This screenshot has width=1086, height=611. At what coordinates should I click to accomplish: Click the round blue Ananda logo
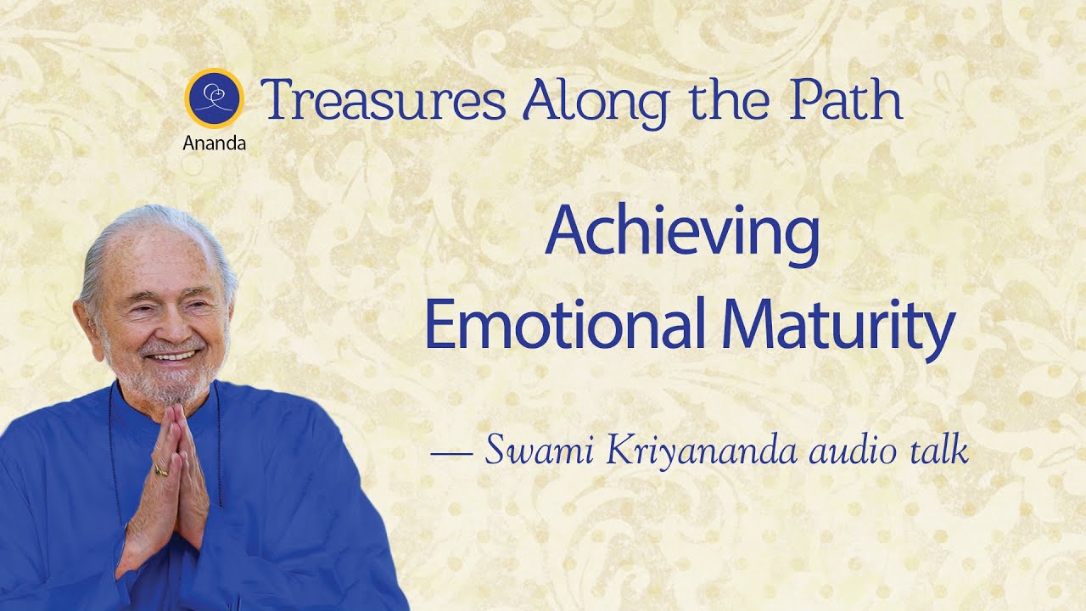(215, 98)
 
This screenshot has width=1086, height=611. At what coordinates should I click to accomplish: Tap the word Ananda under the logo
(215, 143)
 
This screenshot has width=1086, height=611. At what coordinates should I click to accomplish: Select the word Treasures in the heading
(383, 100)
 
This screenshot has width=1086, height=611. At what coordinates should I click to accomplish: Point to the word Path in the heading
(846, 99)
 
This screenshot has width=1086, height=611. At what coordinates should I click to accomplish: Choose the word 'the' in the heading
(729, 99)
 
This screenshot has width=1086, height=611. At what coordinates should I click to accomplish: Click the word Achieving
(683, 236)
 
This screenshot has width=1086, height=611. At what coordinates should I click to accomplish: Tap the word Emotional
(565, 323)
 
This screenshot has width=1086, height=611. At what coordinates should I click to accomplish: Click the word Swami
(539, 449)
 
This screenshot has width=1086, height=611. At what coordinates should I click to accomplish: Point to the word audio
(854, 451)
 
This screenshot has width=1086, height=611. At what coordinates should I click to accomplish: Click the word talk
(939, 450)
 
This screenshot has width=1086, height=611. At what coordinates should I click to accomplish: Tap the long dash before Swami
(451, 454)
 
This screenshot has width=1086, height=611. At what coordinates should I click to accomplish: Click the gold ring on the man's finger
(161, 469)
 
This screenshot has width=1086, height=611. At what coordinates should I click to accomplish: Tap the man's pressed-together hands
(167, 485)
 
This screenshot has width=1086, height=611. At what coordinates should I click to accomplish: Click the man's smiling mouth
(173, 356)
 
